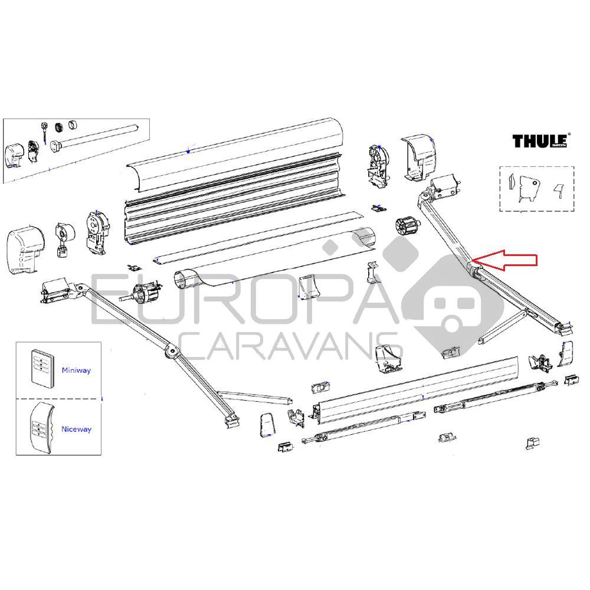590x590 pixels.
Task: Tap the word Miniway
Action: (x=76, y=371)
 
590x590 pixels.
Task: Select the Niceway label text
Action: (x=77, y=430)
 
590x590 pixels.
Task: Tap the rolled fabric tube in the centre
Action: (x=277, y=260)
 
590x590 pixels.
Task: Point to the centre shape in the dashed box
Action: (x=527, y=190)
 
